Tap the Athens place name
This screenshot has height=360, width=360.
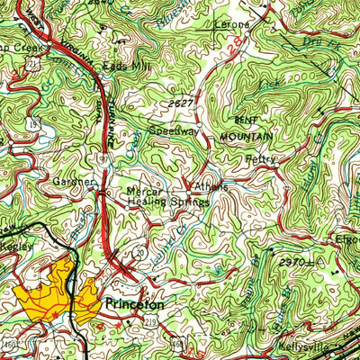coord(209,185)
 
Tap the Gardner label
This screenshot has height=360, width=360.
coord(73,182)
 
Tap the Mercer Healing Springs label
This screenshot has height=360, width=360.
coord(167,197)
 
